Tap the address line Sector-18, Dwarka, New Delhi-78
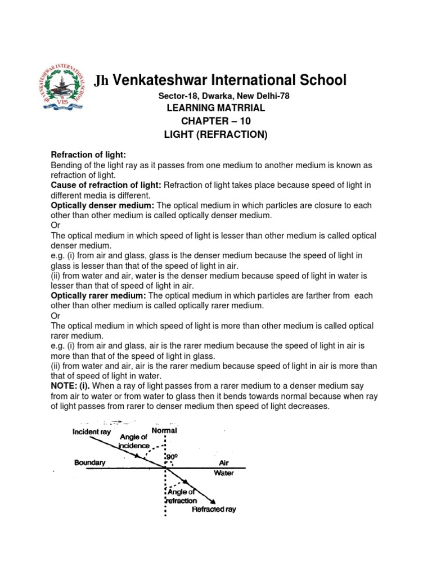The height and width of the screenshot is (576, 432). tap(224, 96)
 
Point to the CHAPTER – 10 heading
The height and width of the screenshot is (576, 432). tap(215, 121)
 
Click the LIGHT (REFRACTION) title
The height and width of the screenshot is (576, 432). tap(215, 134)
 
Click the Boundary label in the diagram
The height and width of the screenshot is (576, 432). tap(90, 463)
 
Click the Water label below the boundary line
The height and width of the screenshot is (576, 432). tap(223, 473)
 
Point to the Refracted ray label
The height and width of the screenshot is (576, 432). tap(214, 510)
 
